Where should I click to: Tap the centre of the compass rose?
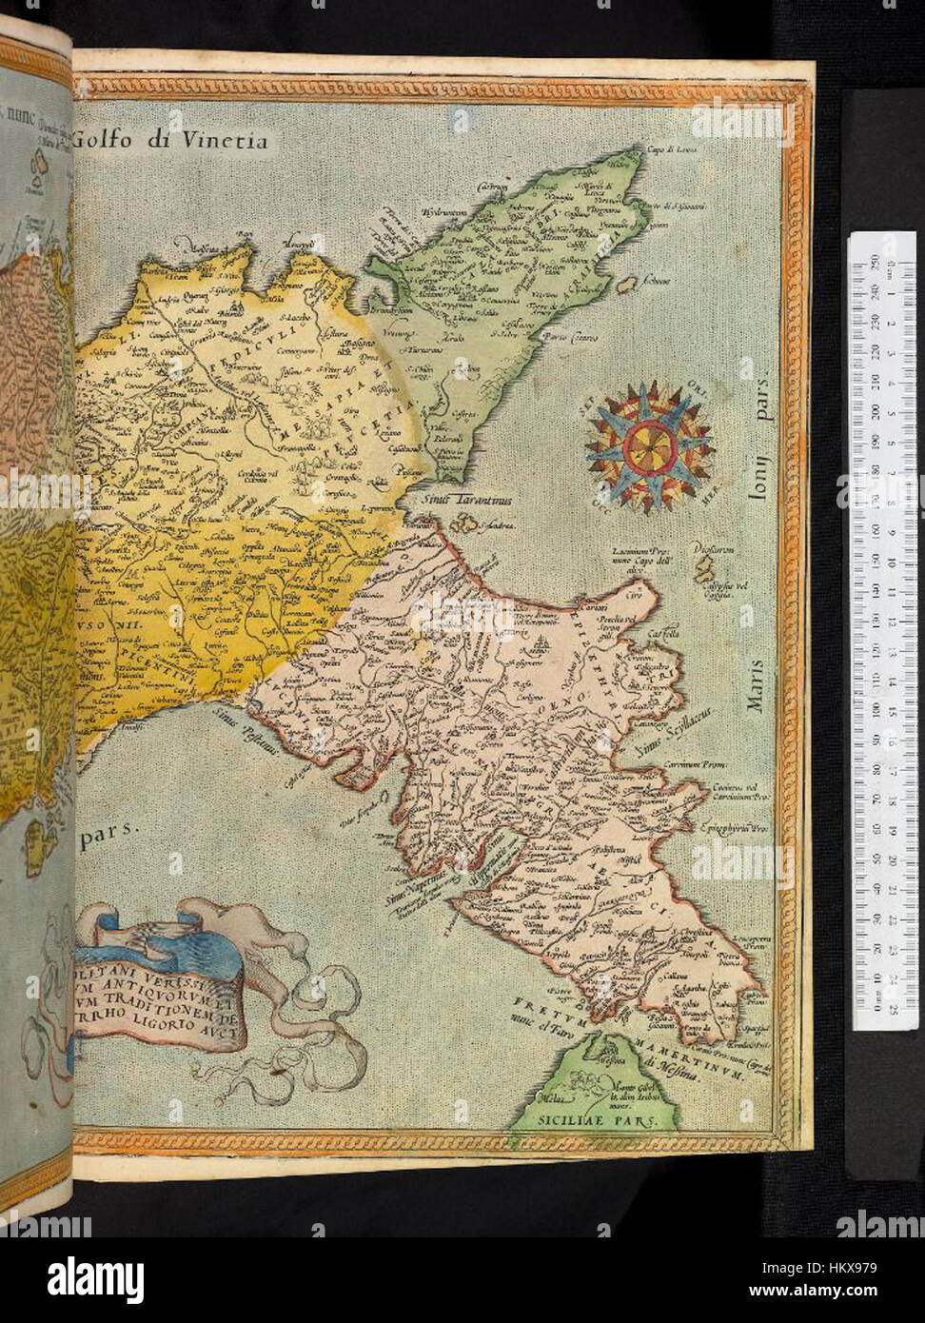coord(648,444)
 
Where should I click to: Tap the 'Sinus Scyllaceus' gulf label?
coord(675,734)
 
